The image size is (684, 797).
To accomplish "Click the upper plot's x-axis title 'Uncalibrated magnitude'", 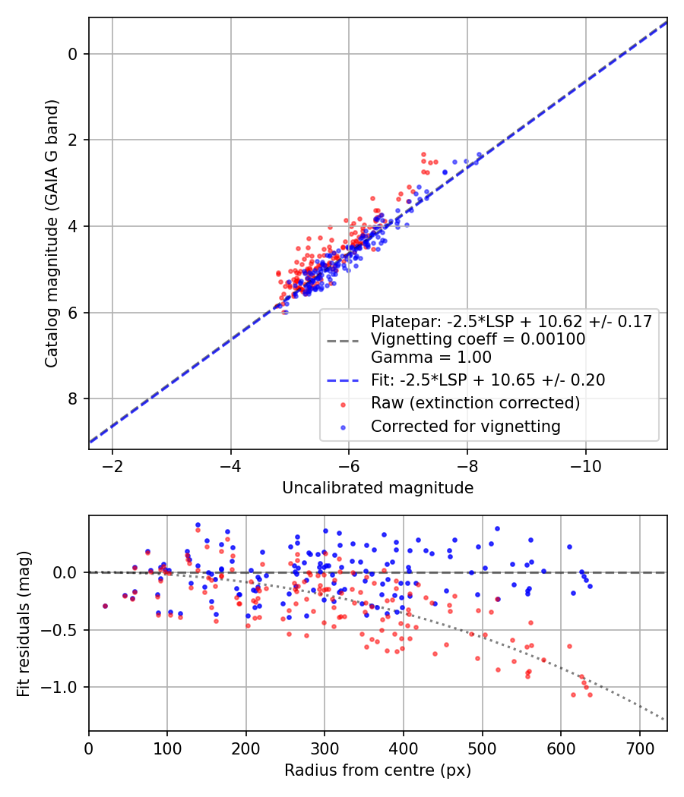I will tap(378, 488).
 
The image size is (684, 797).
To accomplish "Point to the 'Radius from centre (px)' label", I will tap(378, 770).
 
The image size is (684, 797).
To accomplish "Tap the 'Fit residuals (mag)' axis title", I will tap(24, 623).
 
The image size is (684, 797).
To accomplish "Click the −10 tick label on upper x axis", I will tap(585, 464).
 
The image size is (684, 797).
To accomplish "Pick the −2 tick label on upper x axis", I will tap(112, 464).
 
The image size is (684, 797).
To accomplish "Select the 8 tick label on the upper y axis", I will tap(73, 399).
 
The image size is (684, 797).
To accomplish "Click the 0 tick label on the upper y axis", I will tap(73, 54).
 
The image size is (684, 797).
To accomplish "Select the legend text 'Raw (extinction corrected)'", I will tap(475, 402).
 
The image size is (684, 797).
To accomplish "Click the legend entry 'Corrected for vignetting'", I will tap(465, 427).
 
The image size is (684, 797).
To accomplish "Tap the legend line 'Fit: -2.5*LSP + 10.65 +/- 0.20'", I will tap(488, 380).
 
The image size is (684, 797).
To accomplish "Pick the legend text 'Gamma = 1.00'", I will tap(431, 357).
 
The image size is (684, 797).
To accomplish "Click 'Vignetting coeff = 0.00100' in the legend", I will tap(478, 339).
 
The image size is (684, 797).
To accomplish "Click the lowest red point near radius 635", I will tap(590, 695).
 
